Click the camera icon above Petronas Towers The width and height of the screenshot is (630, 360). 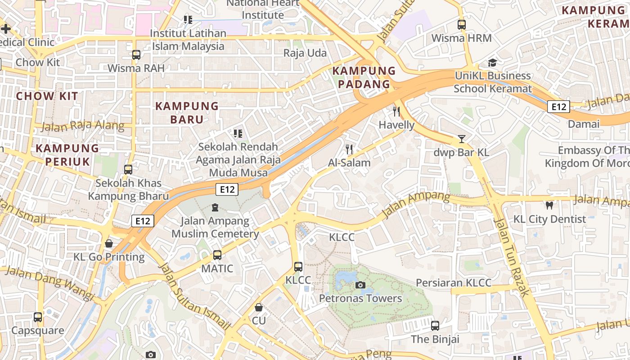pyautogui.click(x=360, y=285)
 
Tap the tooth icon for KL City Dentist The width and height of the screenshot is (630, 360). pyautogui.click(x=549, y=206)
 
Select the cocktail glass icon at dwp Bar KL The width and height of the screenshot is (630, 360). pyautogui.click(x=461, y=139)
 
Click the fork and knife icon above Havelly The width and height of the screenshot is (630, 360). pyautogui.click(x=396, y=111)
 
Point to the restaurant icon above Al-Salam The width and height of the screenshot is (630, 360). pyautogui.click(x=349, y=149)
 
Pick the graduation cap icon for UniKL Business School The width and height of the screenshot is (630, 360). pyautogui.click(x=493, y=63)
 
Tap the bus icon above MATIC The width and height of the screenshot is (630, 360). pyautogui.click(x=217, y=255)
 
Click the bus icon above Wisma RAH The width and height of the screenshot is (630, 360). pyautogui.click(x=136, y=55)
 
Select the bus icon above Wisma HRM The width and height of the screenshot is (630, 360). pyautogui.click(x=461, y=25)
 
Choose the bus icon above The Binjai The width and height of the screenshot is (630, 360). pyautogui.click(x=435, y=325)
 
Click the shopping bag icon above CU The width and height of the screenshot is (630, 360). pyautogui.click(x=259, y=307)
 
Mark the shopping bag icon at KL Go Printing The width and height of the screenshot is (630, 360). pyautogui.click(x=109, y=243)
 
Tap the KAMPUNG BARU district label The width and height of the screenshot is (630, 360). pyautogui.click(x=187, y=112)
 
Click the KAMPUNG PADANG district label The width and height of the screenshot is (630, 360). pyautogui.click(x=364, y=77)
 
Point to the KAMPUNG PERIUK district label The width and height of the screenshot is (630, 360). pyautogui.click(x=67, y=154)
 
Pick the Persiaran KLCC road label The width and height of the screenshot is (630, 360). pyautogui.click(x=454, y=283)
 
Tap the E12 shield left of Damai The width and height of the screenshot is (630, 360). pyautogui.click(x=558, y=107)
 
